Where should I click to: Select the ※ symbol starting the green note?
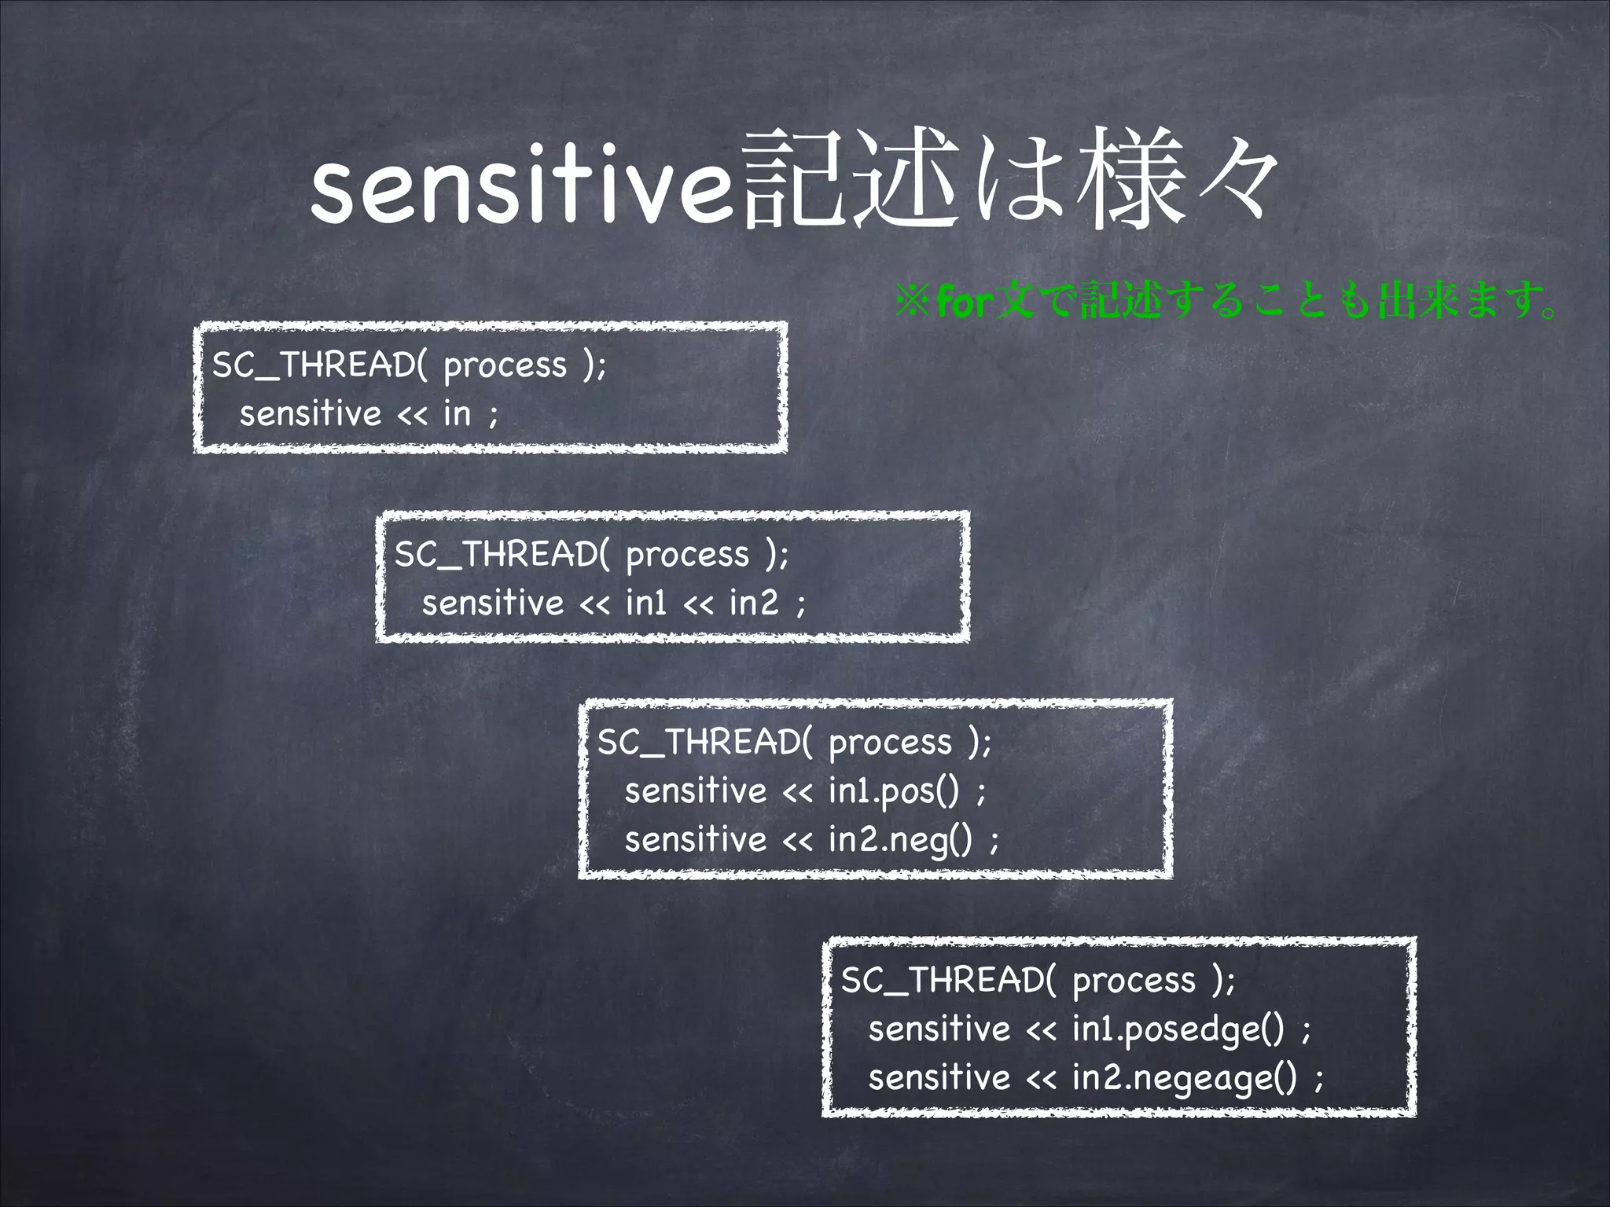[914, 303]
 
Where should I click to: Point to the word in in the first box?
[457, 413]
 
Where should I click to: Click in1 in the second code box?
[646, 603]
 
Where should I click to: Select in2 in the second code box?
[753, 603]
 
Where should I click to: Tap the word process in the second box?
[688, 555]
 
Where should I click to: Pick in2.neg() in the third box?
[900, 839]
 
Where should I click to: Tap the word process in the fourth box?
[1134, 981]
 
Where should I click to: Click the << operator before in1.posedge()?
[1041, 1029]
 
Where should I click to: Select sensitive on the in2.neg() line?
[695, 839]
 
